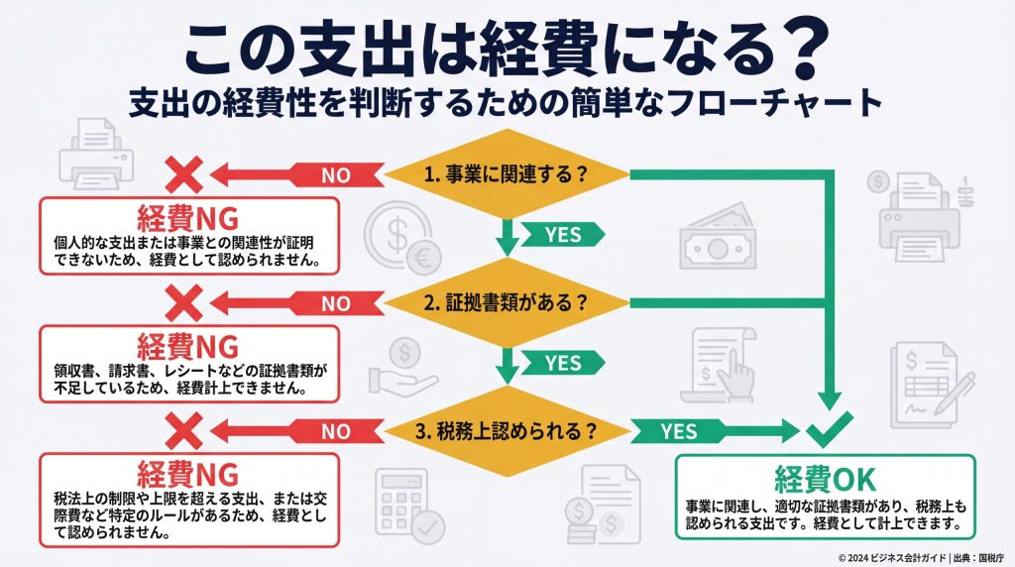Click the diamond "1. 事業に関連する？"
(507, 173)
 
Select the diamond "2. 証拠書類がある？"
(507, 303)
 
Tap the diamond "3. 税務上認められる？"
(507, 431)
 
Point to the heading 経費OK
(825, 479)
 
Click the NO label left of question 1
(337, 175)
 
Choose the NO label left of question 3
(337, 432)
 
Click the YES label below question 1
(562, 235)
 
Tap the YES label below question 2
(562, 363)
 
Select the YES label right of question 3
(679, 432)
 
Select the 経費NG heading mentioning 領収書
(188, 347)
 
